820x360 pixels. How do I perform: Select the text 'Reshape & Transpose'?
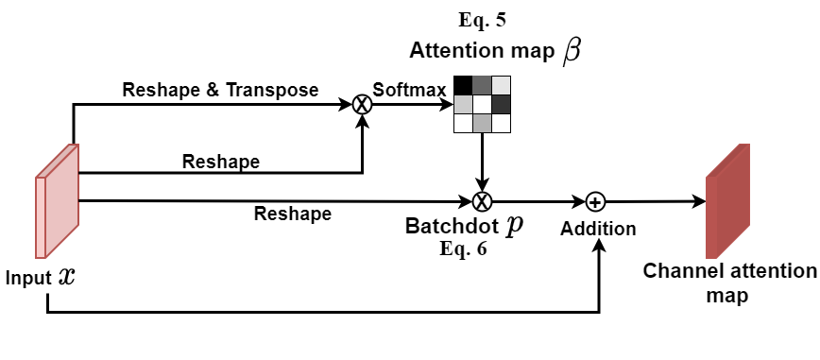point(220,90)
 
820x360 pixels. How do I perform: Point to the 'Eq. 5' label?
point(482,18)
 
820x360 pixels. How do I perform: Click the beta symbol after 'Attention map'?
point(572,51)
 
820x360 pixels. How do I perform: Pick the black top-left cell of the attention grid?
point(463,85)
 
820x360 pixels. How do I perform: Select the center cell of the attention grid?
point(482,104)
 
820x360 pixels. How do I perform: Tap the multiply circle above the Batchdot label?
point(482,200)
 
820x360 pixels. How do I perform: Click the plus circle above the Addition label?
point(595,200)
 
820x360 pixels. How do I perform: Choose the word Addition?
point(597,229)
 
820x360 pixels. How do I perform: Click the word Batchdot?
point(453,228)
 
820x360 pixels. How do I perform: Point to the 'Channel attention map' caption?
point(728,283)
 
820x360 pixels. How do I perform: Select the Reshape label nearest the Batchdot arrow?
point(293,214)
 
